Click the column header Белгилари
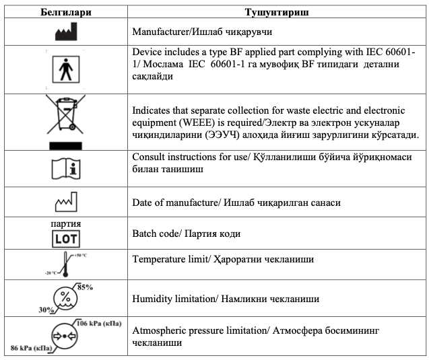[x=66, y=13]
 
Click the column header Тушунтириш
[x=277, y=13]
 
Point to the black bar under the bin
[x=65, y=143]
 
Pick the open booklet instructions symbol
[x=65, y=168]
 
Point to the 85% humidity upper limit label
[x=86, y=287]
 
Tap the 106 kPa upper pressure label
[x=100, y=324]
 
